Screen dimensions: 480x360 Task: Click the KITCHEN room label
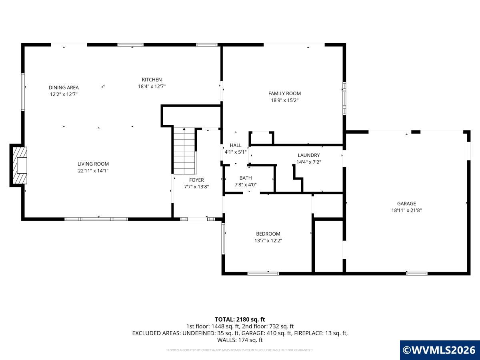pos(152,80)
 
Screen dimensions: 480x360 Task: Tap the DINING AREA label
pos(64,88)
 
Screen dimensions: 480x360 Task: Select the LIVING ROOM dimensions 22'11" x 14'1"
pos(93,171)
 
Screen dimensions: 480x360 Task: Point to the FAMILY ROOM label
pos(284,93)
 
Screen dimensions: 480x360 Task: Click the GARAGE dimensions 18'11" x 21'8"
pos(406,210)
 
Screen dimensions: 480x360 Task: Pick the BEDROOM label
pos(268,234)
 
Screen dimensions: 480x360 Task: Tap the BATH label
pos(246,178)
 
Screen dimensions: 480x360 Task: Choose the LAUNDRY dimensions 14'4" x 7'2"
pos(309,162)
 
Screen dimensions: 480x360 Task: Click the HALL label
pos(236,145)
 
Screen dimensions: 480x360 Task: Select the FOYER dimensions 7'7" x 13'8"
pos(196,187)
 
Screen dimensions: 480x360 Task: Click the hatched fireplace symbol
pos(20,166)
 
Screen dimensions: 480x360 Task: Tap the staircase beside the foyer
pos(184,151)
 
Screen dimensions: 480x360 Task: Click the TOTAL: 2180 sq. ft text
pos(240,319)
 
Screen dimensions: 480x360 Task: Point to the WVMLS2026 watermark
pos(440,350)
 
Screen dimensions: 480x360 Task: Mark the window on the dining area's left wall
pos(23,92)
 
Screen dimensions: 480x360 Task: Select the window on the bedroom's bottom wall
pos(263,274)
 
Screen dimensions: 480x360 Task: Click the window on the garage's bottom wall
pos(417,274)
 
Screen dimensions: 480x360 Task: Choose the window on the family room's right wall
pos(344,98)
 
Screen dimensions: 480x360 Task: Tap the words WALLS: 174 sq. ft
pos(240,340)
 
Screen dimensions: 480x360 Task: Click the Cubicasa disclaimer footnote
pos(240,350)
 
